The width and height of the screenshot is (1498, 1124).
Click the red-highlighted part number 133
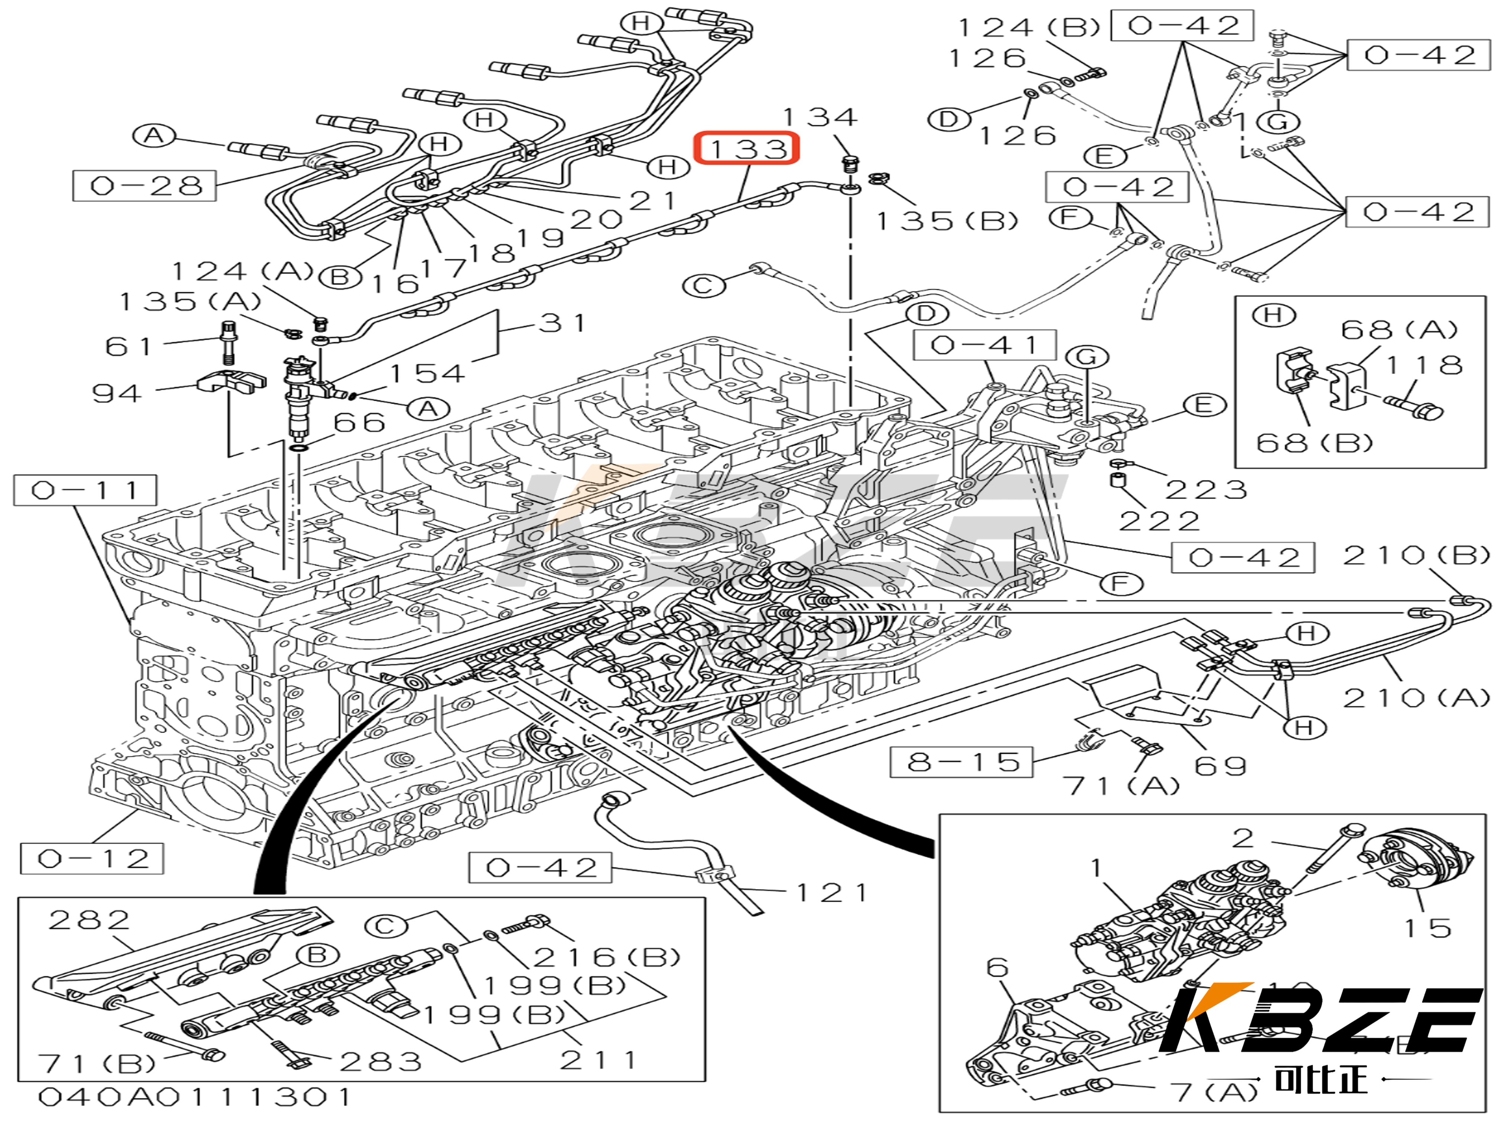(746, 148)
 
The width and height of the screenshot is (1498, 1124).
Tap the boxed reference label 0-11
(85, 490)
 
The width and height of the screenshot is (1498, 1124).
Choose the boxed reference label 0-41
(985, 346)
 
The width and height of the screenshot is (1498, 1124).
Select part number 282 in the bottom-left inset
(90, 920)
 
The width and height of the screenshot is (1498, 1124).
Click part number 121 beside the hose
(831, 893)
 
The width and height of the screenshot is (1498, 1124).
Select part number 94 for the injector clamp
(117, 393)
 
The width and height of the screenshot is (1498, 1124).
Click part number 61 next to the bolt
(129, 347)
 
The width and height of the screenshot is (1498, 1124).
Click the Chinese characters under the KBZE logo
(1320, 1080)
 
